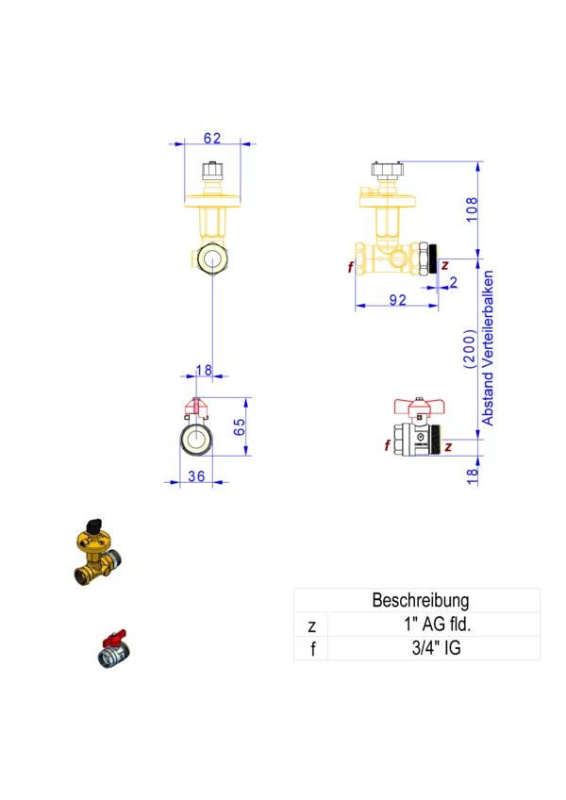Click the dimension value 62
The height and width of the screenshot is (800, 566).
pyautogui.click(x=211, y=138)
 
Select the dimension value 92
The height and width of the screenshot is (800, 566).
pyautogui.click(x=397, y=300)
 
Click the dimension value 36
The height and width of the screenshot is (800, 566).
pyautogui.click(x=196, y=476)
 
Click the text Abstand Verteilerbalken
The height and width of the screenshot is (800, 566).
pyautogui.click(x=488, y=349)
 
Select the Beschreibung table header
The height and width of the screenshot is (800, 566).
pyautogui.click(x=420, y=600)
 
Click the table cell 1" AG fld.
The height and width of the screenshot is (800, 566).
pyautogui.click(x=430, y=625)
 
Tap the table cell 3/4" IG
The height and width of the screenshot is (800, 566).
pyautogui.click(x=430, y=648)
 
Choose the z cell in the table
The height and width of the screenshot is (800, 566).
pyautogui.click(x=312, y=625)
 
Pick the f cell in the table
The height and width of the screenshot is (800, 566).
pyautogui.click(x=312, y=648)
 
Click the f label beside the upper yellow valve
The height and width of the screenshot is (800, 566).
pyautogui.click(x=349, y=267)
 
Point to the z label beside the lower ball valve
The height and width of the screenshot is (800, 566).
pyautogui.click(x=448, y=445)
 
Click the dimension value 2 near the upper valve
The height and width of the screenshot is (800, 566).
pyautogui.click(x=454, y=282)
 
